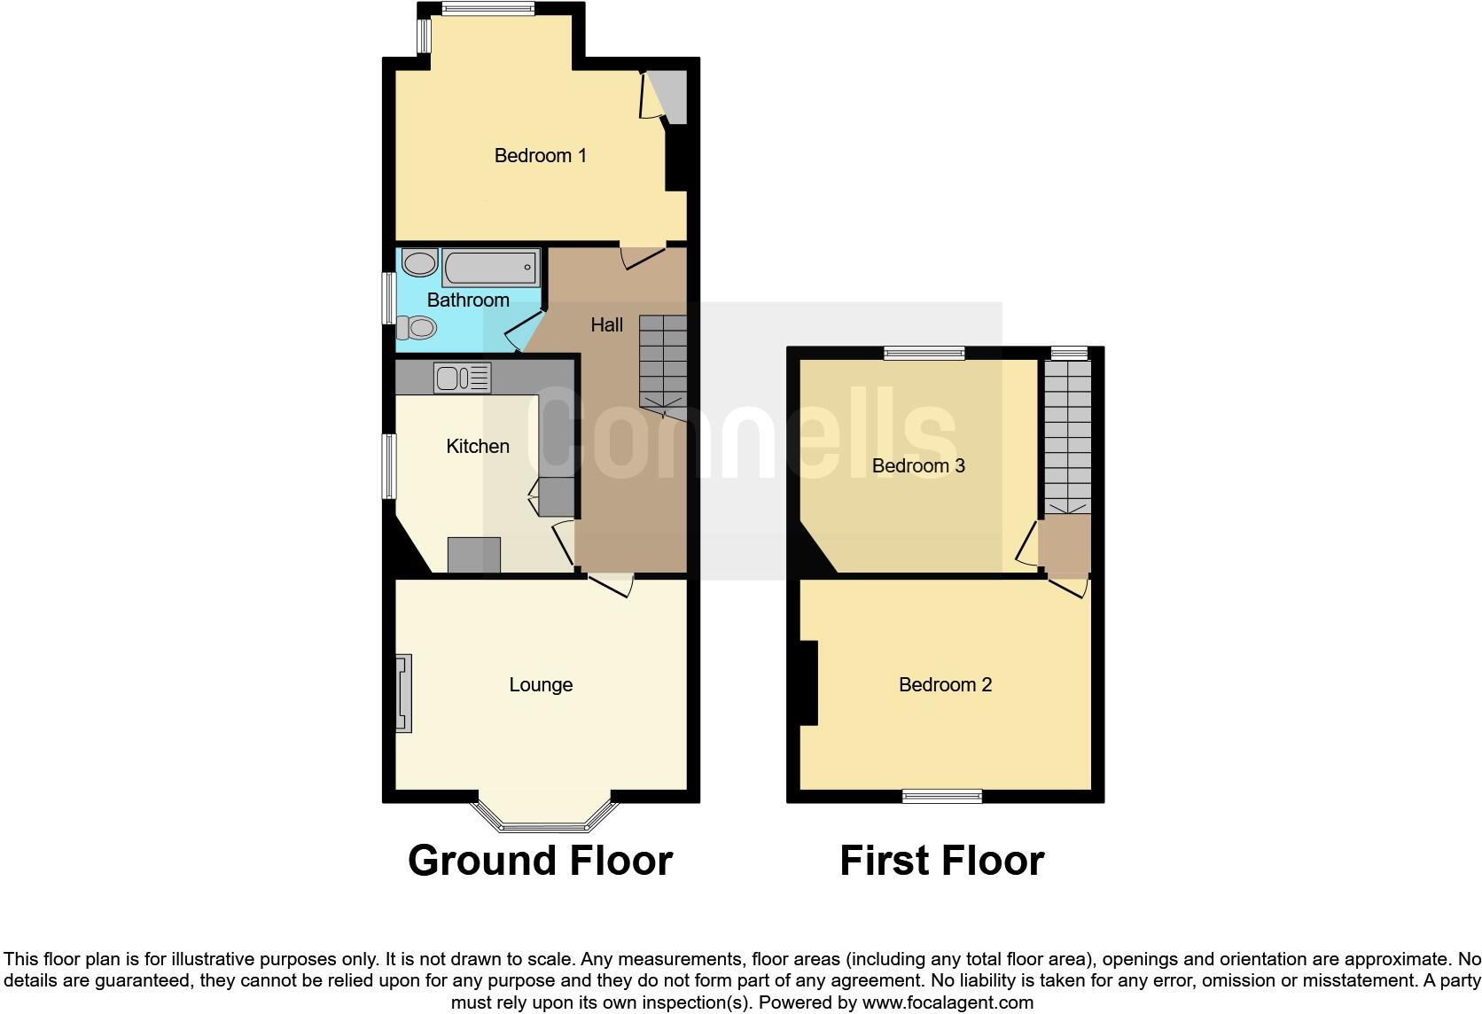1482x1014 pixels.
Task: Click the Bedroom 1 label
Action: (x=540, y=156)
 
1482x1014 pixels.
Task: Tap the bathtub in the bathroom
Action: (x=491, y=267)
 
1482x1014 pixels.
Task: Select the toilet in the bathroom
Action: (x=416, y=329)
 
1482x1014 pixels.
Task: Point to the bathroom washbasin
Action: (x=419, y=262)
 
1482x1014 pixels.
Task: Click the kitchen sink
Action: (x=461, y=378)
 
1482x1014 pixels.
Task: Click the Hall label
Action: (x=606, y=325)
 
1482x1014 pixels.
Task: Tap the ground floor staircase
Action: (x=663, y=363)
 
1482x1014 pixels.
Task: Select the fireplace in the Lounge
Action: (x=403, y=693)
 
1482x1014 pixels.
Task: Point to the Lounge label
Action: (x=541, y=685)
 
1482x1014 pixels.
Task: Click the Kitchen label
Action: (x=478, y=447)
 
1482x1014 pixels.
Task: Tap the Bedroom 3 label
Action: (x=918, y=466)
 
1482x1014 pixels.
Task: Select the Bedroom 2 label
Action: (x=945, y=685)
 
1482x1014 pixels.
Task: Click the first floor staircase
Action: (x=1067, y=439)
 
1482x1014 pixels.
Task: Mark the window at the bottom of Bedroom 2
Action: (x=942, y=796)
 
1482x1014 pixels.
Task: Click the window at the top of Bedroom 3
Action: (x=924, y=353)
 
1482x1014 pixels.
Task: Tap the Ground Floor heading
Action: (x=540, y=861)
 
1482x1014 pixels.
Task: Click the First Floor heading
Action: (x=941, y=861)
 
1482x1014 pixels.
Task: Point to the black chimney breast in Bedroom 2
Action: (x=808, y=683)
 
